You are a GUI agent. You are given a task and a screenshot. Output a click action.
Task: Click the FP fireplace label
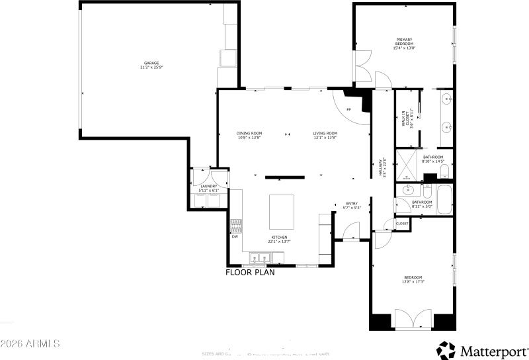[x=348, y=109]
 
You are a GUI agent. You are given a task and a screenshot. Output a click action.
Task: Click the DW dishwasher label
[x=235, y=236]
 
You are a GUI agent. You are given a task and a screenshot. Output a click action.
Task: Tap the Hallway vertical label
[x=382, y=165]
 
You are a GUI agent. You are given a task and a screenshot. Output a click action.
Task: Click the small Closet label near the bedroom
[x=402, y=224]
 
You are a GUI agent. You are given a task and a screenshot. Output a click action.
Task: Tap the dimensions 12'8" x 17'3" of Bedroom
[x=413, y=282]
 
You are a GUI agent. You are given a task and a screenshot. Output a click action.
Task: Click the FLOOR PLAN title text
[x=250, y=272]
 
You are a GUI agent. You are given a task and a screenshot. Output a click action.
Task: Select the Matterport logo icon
[x=446, y=349]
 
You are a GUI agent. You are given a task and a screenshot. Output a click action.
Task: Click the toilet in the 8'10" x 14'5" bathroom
[x=444, y=171]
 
